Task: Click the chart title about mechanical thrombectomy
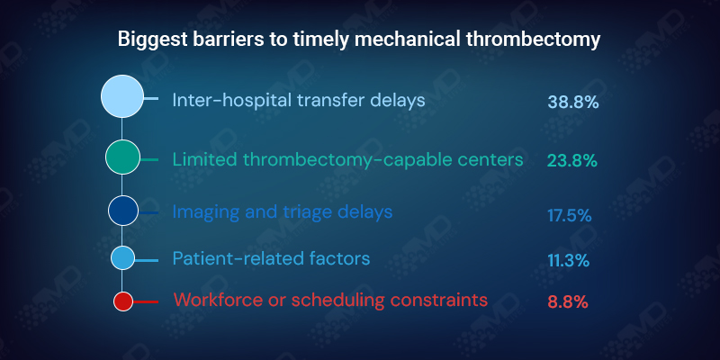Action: point(360,40)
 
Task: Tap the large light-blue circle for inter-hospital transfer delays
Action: point(122,97)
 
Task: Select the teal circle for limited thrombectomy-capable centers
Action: point(122,157)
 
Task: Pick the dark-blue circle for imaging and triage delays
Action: point(122,211)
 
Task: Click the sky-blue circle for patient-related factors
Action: point(122,258)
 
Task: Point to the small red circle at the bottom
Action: point(123,301)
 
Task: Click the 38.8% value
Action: point(573,102)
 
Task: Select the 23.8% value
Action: point(572,161)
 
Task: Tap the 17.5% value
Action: point(569,215)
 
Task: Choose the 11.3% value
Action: point(568,261)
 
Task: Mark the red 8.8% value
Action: point(568,303)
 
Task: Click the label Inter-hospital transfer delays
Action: point(298,100)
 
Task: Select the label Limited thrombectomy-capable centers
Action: point(347,159)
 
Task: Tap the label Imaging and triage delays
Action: point(283,212)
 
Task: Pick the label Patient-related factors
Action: point(271,259)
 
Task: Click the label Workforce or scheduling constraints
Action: point(330,300)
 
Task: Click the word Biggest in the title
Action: point(150,40)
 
